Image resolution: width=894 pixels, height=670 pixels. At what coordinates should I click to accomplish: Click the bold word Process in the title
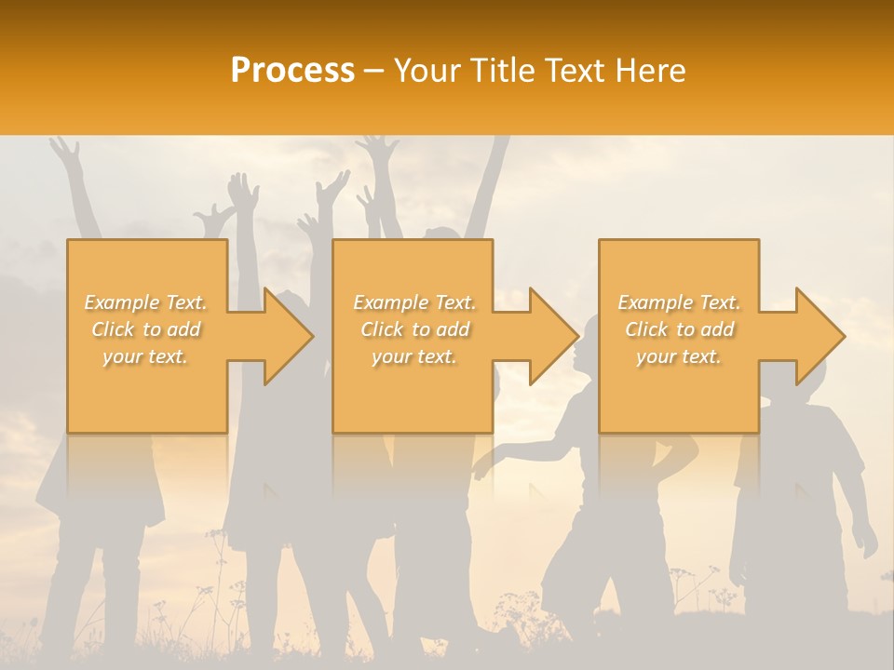pos(292,71)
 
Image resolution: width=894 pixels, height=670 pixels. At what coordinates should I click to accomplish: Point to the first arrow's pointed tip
pos(312,336)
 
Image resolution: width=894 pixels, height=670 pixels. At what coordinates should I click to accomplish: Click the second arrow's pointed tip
pos(577,336)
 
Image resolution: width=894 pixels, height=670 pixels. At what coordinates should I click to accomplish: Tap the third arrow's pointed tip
pos(844,336)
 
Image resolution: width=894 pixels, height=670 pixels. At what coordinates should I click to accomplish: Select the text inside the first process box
pos(146,329)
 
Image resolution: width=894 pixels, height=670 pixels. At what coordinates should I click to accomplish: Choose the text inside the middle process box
pos(413,329)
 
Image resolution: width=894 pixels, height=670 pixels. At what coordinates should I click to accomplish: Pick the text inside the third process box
pos(679,329)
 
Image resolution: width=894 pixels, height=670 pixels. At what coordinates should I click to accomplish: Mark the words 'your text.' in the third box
pos(679,356)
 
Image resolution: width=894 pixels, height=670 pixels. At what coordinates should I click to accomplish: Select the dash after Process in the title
pos(374,71)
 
